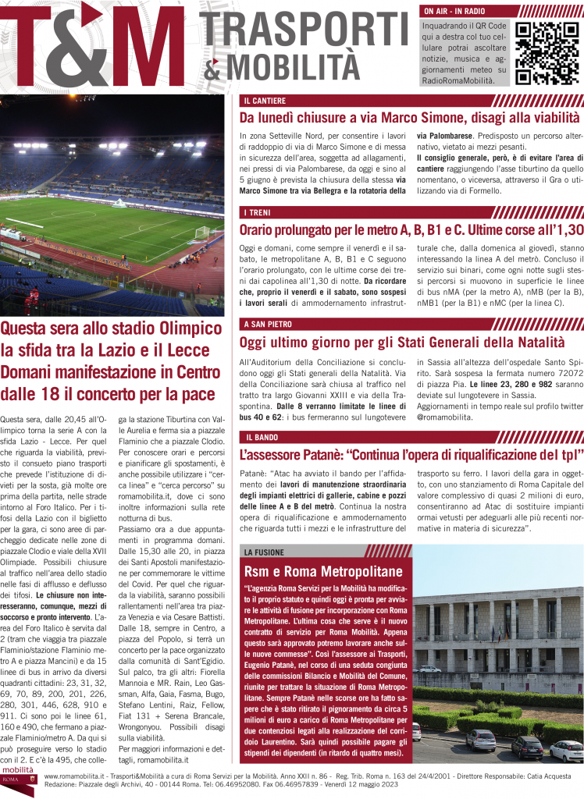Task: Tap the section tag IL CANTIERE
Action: tap(264, 101)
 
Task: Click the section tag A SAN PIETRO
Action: tap(267, 324)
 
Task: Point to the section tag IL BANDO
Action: tap(260, 436)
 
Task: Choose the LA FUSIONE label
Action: tap(264, 552)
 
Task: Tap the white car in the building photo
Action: tap(565, 751)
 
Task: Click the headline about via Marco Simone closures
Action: tap(409, 119)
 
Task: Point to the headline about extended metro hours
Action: tap(411, 230)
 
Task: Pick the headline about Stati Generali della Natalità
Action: tap(401, 342)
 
